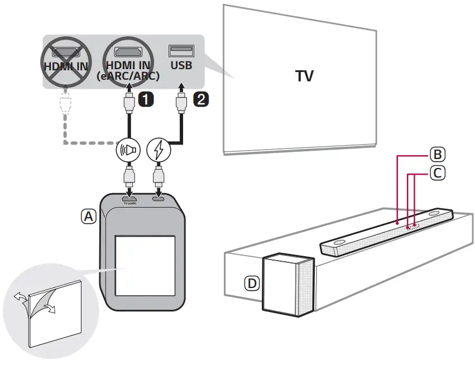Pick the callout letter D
point(252,284)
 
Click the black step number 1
point(146,99)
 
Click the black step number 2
point(200,99)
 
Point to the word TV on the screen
point(304,76)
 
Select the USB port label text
point(180,66)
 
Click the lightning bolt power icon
point(159,150)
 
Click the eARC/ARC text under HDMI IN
point(128,77)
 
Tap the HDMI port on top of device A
point(129,198)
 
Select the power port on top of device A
point(159,198)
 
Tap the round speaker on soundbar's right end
point(435,214)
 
